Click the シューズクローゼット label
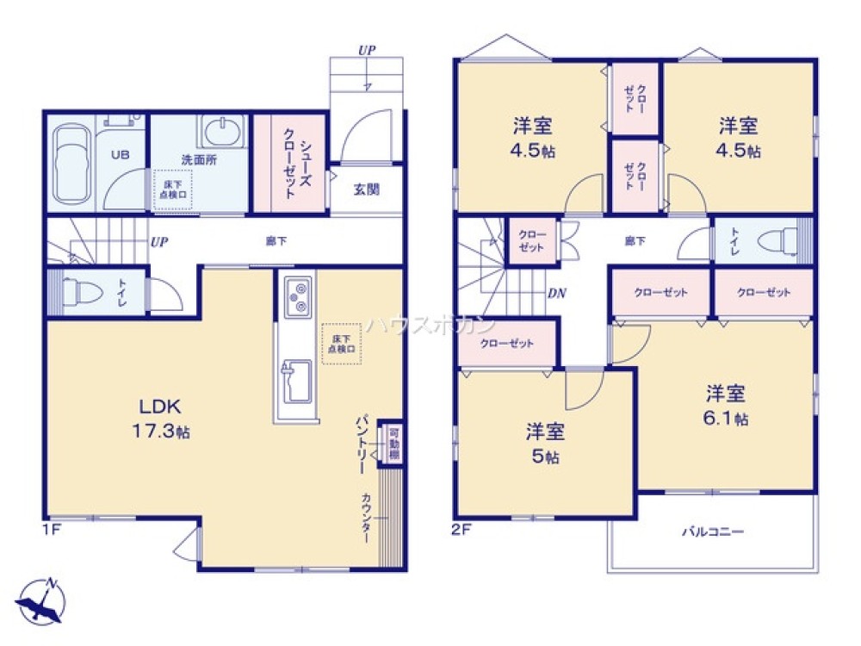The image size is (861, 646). pyautogui.click(x=289, y=164)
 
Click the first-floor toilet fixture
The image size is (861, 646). pyautogui.click(x=79, y=293)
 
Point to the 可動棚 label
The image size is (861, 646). pyautogui.click(x=393, y=443)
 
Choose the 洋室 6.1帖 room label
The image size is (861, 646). pyautogui.click(x=726, y=405)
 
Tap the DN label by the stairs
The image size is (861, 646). pyautogui.click(x=557, y=293)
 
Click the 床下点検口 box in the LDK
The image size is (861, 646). pyautogui.click(x=342, y=343)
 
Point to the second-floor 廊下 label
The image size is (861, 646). pyautogui.click(x=635, y=241)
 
